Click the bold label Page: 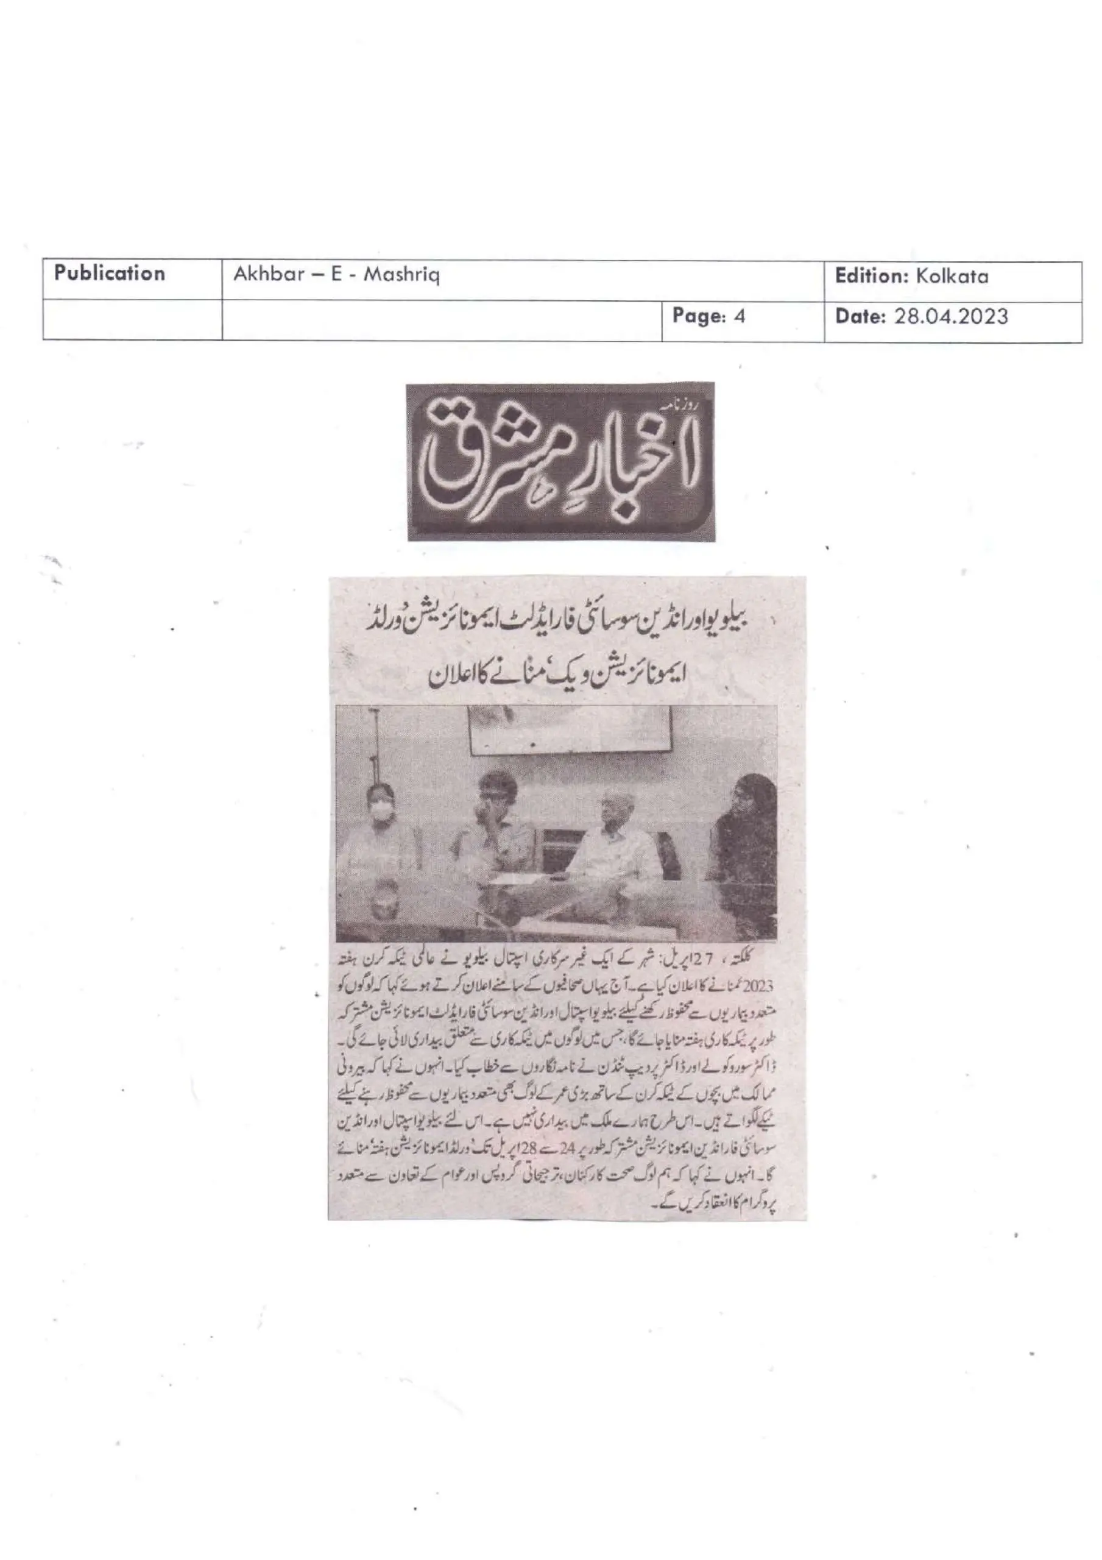click(x=699, y=316)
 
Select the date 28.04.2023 click(x=950, y=317)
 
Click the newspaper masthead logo click(x=560, y=461)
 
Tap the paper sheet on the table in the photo click(x=517, y=880)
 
